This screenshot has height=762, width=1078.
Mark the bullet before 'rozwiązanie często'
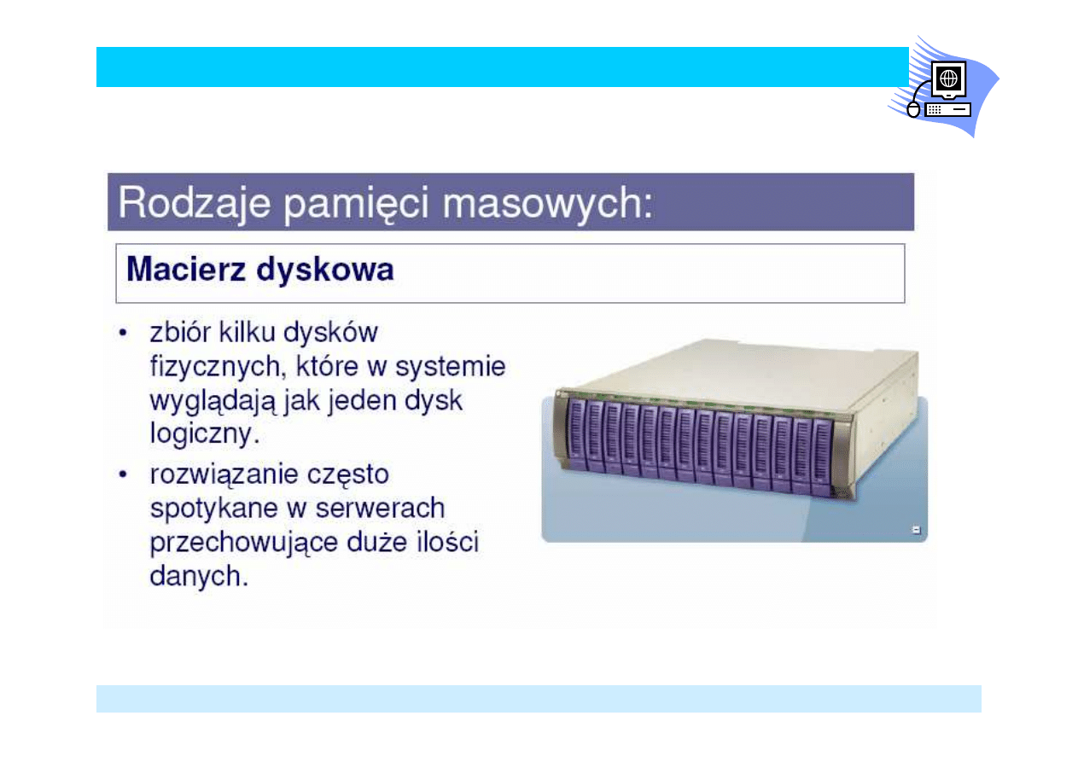coord(125,474)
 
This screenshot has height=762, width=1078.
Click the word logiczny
coord(203,434)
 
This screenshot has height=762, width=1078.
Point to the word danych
coord(198,576)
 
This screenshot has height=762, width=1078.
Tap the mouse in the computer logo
coord(913,110)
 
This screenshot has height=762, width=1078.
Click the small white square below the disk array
coord(917,531)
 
